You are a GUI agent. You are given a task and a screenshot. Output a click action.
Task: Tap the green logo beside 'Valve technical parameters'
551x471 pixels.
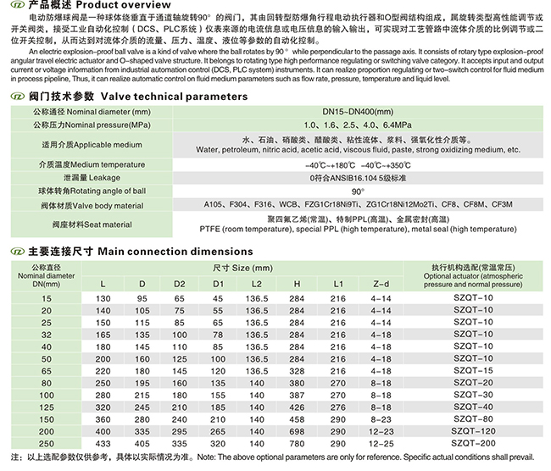tap(15, 97)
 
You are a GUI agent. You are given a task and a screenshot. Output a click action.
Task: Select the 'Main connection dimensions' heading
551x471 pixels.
tap(159, 252)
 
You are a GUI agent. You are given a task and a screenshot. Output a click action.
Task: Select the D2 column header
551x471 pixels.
tap(179, 283)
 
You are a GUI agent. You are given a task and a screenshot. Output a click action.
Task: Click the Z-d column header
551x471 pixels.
tap(381, 283)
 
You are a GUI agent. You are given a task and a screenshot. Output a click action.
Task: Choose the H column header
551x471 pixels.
tap(296, 283)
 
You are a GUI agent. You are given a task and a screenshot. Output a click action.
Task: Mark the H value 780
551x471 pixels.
tap(296, 443)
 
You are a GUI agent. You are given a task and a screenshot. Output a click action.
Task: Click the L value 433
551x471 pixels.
tap(103, 443)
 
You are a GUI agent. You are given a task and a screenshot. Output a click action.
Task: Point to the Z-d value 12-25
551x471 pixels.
tap(381, 443)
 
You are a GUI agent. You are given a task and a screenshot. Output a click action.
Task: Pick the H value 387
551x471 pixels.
tap(296, 395)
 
